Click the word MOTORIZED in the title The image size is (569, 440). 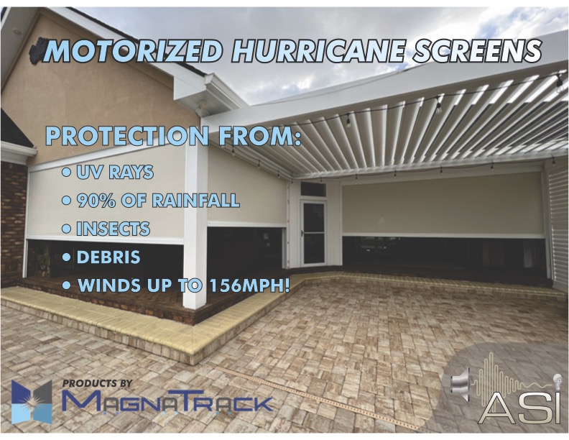coord(134,51)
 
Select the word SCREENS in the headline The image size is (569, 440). coord(477,51)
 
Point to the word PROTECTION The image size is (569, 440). coord(127,136)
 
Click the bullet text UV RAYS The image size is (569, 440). coord(115,172)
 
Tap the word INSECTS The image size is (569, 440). coord(113,229)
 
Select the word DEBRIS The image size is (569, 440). coord(108,257)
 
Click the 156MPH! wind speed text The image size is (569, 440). coord(250,285)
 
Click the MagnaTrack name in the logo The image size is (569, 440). coord(167,402)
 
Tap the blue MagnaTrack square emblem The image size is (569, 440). coord(32,401)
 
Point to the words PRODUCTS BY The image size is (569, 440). coord(97,383)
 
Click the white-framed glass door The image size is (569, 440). coord(313,232)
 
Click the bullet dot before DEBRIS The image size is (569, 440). coord(66,257)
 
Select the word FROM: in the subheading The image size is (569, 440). coord(260,136)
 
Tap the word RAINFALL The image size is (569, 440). coord(195,201)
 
